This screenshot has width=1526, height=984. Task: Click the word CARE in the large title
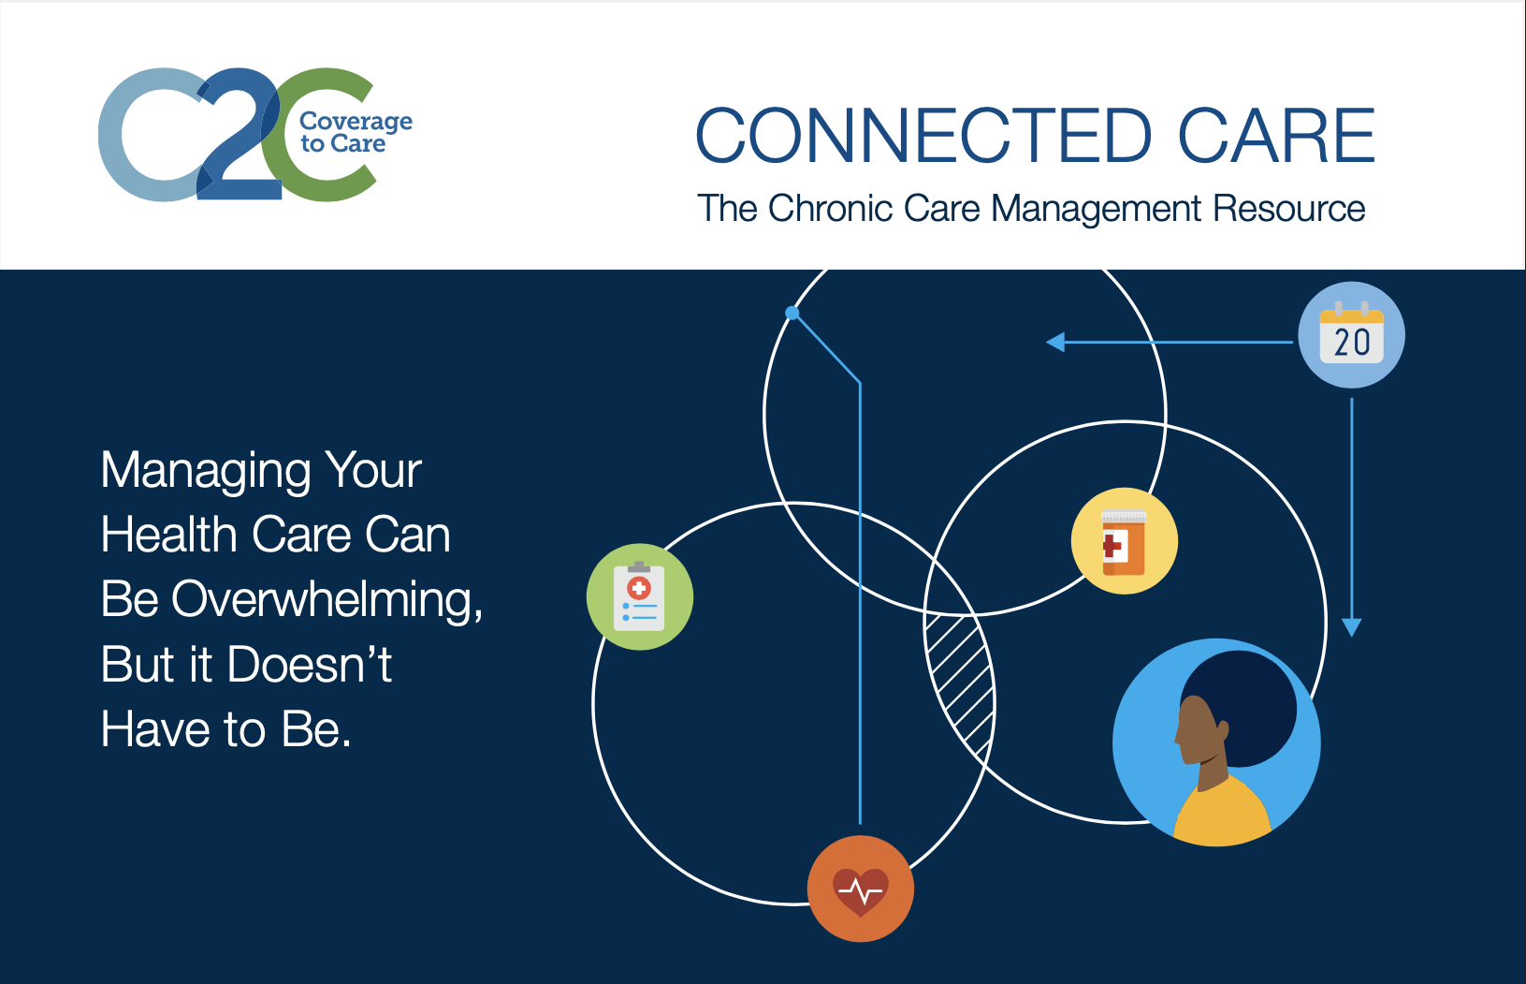tap(1276, 136)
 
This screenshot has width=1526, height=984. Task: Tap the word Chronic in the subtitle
tap(830, 208)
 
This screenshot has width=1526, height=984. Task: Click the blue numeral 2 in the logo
tap(240, 137)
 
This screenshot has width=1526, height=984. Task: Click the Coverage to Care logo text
tap(356, 132)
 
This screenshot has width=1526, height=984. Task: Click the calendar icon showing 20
tap(1352, 335)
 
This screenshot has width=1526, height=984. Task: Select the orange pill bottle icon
tap(1124, 543)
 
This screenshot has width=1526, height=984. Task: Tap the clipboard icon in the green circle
tap(639, 596)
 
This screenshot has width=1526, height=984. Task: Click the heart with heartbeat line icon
tap(861, 890)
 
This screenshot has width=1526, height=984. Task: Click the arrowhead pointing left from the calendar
tap(1055, 342)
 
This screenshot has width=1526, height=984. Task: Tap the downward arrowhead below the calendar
tap(1352, 627)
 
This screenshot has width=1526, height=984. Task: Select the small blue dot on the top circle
tap(792, 313)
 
